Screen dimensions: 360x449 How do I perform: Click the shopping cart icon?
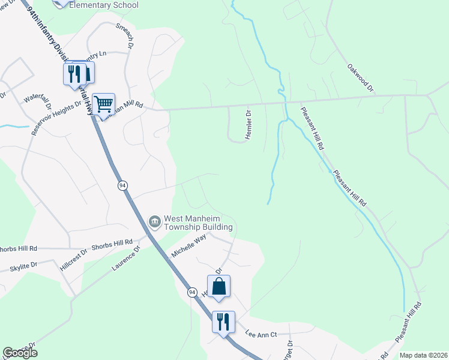pyautogui.click(x=104, y=104)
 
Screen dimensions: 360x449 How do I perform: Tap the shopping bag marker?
pyautogui.click(x=219, y=287)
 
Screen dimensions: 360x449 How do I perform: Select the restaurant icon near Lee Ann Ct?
pyautogui.click(x=223, y=322)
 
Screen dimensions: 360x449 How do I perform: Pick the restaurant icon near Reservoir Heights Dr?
pyautogui.click(x=74, y=74)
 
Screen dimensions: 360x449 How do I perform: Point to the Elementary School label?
pyautogui.click(x=104, y=5)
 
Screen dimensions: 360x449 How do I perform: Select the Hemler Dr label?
pyautogui.click(x=247, y=125)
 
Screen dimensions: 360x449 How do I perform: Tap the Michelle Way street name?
pyautogui.click(x=189, y=245)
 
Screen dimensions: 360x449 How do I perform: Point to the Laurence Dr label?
pyautogui.click(x=125, y=258)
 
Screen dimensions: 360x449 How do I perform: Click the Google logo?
pyautogui.click(x=20, y=353)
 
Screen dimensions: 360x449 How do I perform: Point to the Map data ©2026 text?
pyautogui.click(x=423, y=355)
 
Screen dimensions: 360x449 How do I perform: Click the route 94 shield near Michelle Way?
pyautogui.click(x=191, y=292)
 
